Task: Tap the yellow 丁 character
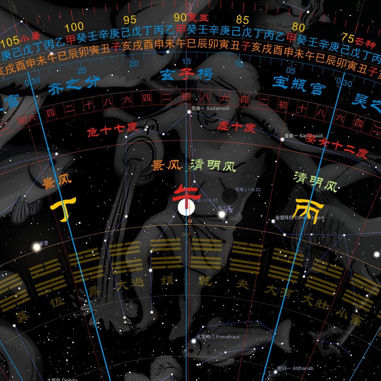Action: click(x=64, y=208)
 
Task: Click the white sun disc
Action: click(x=186, y=207)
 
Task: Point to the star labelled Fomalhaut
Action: click(x=194, y=341)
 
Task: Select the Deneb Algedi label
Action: click(x=300, y=218)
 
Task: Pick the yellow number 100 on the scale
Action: click(x=74, y=27)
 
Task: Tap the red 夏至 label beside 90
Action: click(x=197, y=18)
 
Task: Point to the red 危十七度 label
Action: click(x=113, y=130)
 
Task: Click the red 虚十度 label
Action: click(x=236, y=127)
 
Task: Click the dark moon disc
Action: click(x=228, y=194)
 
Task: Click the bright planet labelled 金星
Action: click(x=36, y=247)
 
